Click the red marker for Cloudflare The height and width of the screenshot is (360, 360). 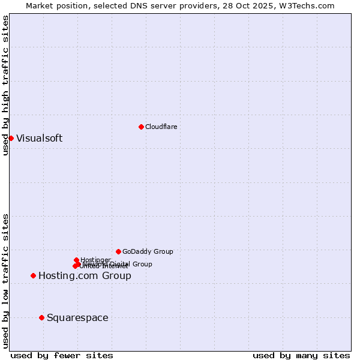tap(141, 127)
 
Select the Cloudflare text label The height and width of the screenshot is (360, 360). tap(161, 127)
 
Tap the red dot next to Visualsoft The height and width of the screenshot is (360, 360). tap(11, 138)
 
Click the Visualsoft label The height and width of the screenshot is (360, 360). tap(39, 138)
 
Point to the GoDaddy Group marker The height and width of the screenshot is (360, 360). tap(118, 251)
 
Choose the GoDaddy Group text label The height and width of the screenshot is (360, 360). tap(148, 251)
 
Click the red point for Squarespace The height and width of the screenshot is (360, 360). tap(41, 317)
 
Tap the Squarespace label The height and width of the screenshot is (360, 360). tap(77, 317)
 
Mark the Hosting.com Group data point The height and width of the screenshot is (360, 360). tap(33, 275)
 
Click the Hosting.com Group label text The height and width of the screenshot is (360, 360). tap(85, 275)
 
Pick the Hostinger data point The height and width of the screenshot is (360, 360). tap(76, 260)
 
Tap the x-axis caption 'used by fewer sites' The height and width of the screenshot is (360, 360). tap(62, 355)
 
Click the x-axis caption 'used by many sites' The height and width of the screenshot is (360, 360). tap(301, 355)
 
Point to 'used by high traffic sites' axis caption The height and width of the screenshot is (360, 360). tap(5, 85)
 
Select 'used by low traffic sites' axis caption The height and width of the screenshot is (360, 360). tap(5, 280)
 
